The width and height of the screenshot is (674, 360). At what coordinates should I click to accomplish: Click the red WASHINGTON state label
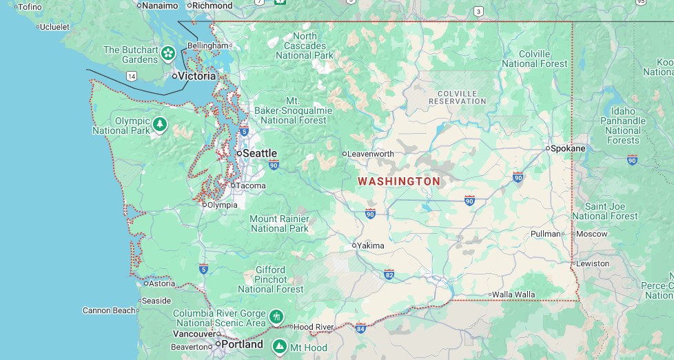(398, 181)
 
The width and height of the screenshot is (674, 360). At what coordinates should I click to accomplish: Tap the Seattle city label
(260, 153)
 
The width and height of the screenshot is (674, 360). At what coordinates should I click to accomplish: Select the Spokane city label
(568, 148)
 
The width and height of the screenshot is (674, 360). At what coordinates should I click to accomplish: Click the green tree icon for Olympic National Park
(160, 124)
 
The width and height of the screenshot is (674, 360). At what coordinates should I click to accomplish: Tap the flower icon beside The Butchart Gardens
(168, 52)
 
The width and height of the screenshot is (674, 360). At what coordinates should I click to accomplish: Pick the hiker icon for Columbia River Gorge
(276, 317)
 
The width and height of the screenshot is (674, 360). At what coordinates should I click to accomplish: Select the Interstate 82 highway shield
(389, 274)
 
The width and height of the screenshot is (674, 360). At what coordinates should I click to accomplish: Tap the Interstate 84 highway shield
(360, 328)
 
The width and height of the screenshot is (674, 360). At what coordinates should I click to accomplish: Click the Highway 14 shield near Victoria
(131, 76)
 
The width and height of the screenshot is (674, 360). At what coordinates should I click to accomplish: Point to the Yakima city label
(371, 246)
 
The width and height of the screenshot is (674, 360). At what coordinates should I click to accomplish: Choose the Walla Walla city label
(513, 294)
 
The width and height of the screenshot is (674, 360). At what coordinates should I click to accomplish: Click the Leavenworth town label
(371, 154)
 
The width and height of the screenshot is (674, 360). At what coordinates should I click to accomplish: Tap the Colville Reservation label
(458, 97)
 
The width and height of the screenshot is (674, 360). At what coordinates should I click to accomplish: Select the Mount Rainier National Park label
(279, 223)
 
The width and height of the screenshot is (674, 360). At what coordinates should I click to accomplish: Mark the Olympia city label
(223, 205)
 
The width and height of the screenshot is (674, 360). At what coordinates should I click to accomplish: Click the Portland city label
(243, 344)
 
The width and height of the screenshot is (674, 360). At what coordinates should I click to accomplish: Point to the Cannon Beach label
(109, 310)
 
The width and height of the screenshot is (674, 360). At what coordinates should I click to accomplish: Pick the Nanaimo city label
(160, 6)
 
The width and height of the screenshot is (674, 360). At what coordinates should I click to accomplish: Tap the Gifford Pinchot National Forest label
(271, 279)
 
